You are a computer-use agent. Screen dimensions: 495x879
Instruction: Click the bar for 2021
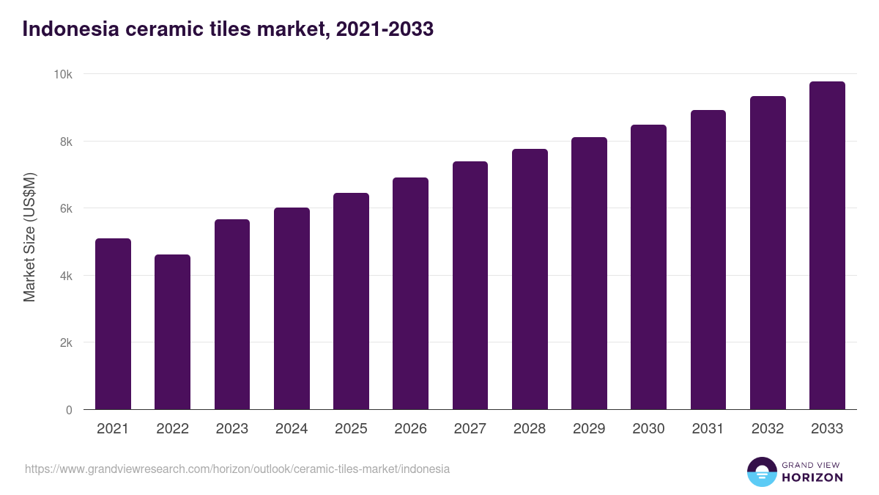pos(113,324)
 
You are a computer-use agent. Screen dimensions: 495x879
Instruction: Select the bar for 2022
pos(172,332)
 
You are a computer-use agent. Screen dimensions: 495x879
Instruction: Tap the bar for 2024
pos(292,309)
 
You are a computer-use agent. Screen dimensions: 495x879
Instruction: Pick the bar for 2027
pos(470,285)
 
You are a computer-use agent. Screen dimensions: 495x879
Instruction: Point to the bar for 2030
pos(648,267)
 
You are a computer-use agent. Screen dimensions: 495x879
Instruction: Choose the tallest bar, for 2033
pos(827,246)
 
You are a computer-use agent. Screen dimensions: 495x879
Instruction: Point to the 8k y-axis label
pos(66,142)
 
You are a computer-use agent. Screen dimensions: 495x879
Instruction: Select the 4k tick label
pos(66,276)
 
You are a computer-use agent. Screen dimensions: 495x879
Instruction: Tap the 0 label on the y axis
pos(69,410)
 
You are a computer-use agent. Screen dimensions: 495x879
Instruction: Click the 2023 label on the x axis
pos(232,429)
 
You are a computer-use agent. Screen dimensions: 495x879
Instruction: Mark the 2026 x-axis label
pos(410,429)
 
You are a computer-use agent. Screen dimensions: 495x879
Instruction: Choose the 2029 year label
pos(589,429)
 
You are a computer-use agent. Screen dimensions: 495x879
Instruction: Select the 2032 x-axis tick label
pos(768,429)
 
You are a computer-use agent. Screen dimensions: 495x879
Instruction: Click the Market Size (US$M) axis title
pos(29,237)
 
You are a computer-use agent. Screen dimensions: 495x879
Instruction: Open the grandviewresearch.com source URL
pos(237,469)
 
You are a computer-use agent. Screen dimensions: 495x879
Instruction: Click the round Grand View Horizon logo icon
pos(761,472)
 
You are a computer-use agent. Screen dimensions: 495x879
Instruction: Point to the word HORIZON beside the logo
pos(812,477)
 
